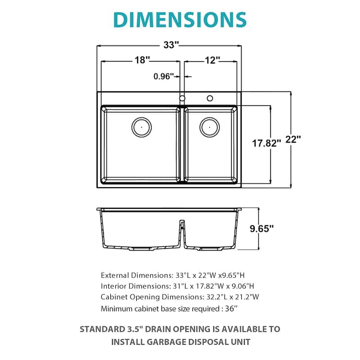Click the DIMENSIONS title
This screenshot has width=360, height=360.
(180, 19)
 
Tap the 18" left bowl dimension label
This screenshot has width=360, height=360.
(141, 60)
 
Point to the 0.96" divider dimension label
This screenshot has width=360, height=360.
(164, 76)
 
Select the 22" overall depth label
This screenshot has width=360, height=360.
(292, 140)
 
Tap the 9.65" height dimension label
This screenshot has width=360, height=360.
(261, 229)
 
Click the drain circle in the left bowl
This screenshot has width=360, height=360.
(141, 127)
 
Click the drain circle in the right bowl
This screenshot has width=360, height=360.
(209, 127)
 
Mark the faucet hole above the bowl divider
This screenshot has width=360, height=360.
(182, 98)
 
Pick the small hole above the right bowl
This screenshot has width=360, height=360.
(210, 98)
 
